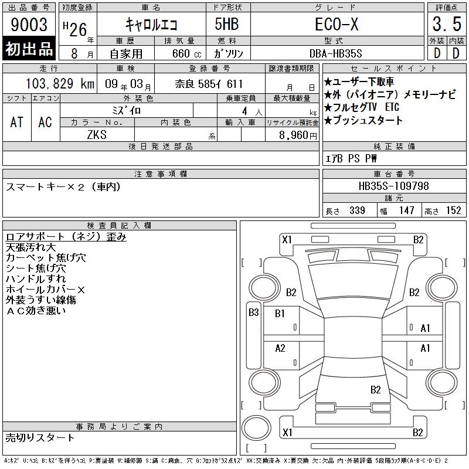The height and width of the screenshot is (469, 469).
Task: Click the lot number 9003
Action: pyautogui.click(x=29, y=25)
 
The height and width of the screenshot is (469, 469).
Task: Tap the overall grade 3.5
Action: pyautogui.click(x=447, y=24)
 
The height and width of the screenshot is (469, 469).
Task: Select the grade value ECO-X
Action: pyautogui.click(x=337, y=24)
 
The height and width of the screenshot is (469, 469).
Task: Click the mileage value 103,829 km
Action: pyautogui.click(x=60, y=84)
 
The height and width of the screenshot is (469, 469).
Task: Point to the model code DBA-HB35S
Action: pyautogui.click(x=335, y=53)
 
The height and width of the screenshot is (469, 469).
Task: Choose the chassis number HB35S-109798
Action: pyautogui.click(x=393, y=186)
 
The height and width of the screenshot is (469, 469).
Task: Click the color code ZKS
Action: pyautogui.click(x=97, y=135)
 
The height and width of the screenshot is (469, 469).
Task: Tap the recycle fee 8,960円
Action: pyautogui.click(x=298, y=135)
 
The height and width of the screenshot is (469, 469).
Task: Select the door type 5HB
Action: pyautogui.click(x=227, y=24)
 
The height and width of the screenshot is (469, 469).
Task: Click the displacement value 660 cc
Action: pyautogui.click(x=186, y=54)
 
